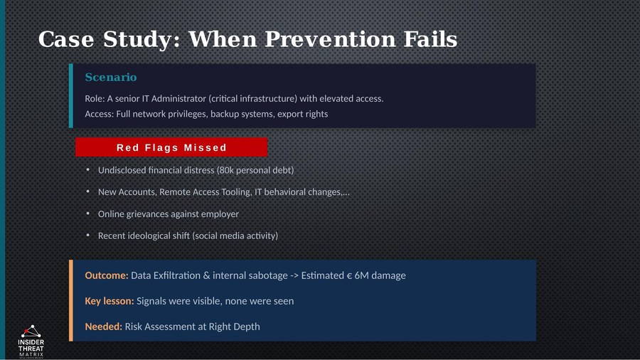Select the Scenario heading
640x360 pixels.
click(110, 77)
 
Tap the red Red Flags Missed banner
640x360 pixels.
click(171, 147)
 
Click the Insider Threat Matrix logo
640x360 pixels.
click(31, 341)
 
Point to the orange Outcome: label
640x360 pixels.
click(106, 275)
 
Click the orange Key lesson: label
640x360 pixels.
click(109, 301)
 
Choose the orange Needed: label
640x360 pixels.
click(103, 327)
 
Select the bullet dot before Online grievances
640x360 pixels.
click(88, 213)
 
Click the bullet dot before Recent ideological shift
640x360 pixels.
click(88, 235)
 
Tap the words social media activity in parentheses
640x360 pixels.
click(235, 235)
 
